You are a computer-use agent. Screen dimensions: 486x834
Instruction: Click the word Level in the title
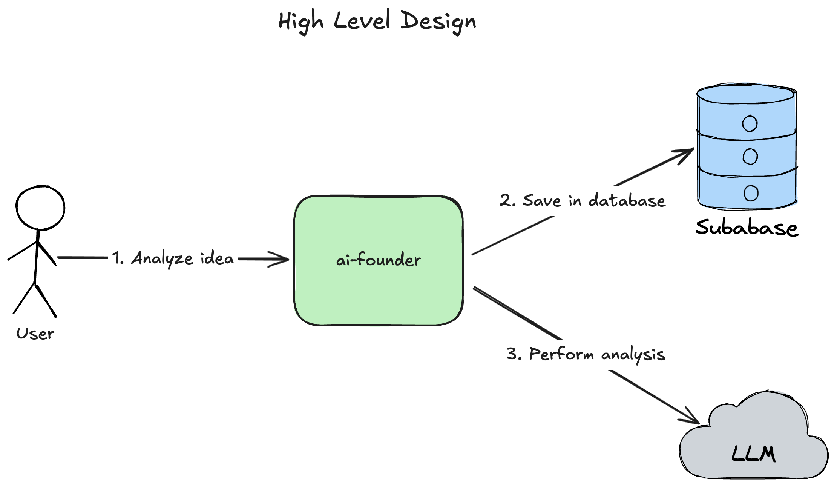[x=362, y=20]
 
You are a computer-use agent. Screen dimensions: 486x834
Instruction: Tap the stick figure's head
[x=40, y=208]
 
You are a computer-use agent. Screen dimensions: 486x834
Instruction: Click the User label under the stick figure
[x=35, y=334]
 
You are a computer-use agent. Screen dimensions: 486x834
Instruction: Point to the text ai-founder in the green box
[x=378, y=260]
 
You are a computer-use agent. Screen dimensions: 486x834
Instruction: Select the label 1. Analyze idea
[x=173, y=258]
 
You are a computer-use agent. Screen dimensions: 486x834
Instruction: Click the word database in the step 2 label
[x=627, y=200]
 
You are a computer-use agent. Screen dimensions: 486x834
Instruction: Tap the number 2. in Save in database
[x=507, y=200]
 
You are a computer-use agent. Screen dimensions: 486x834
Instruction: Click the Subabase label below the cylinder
[x=747, y=228]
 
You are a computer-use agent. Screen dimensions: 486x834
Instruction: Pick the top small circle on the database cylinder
[x=750, y=123]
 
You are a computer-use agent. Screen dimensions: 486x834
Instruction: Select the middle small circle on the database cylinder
[x=750, y=156]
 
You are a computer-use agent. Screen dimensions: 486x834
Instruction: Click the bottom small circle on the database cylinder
[x=751, y=193]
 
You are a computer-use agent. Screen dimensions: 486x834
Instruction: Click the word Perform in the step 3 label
[x=561, y=354]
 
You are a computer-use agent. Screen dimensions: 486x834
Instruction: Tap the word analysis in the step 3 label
[x=633, y=355]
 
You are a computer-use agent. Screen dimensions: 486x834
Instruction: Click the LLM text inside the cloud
[x=753, y=454]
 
